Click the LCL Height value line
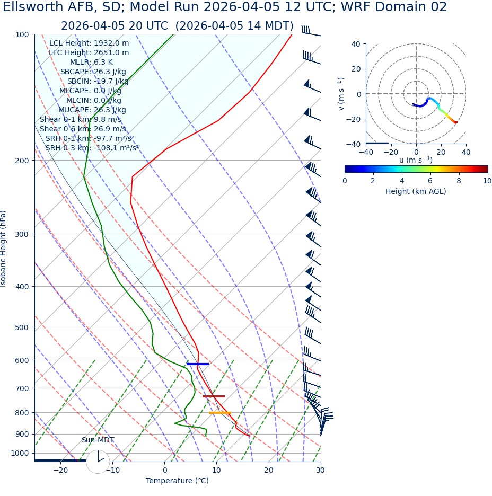pyautogui.click(x=89, y=43)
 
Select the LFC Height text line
pyautogui.click(x=89, y=53)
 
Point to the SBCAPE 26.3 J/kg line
pyautogui.click(x=93, y=72)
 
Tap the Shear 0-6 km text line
pyautogui.click(x=83, y=129)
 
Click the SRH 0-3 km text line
pyautogui.click(x=92, y=148)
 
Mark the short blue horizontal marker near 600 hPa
pyautogui.click(x=198, y=364)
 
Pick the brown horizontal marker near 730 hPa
pyautogui.click(x=214, y=396)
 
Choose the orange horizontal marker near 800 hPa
pyautogui.click(x=219, y=413)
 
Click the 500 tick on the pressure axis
pyautogui.click(x=22, y=327)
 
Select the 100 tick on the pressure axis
pyautogui.click(x=22, y=34)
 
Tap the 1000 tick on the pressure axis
pyautogui.click(x=20, y=453)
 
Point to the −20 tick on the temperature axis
pyautogui.click(x=60, y=470)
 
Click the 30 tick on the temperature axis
pyautogui.click(x=320, y=470)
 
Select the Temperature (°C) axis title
pyautogui.click(x=177, y=481)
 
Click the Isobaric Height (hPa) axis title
pyautogui.click(x=4, y=249)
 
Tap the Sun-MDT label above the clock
pyautogui.click(x=98, y=440)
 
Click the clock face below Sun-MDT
pyautogui.click(x=98, y=462)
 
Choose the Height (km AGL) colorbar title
pyautogui.click(x=416, y=192)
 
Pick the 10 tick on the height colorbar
pyautogui.click(x=487, y=181)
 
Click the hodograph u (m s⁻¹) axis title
pyautogui.click(x=416, y=160)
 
